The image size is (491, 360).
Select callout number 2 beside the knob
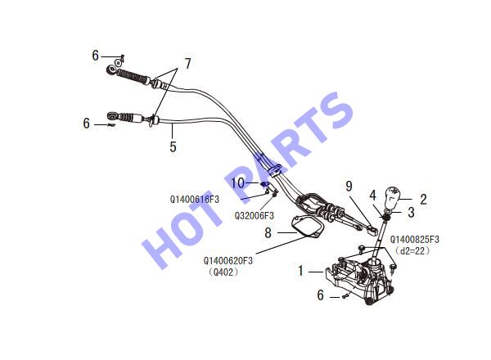pos(423,199)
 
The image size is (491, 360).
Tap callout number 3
pos(411,212)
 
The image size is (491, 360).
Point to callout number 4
pos(372,196)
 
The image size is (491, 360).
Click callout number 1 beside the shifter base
pos(300,271)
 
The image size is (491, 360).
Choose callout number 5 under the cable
pos(173,146)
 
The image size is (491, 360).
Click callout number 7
pos(187,64)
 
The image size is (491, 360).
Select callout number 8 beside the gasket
pos(268,233)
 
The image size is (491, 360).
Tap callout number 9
pos(349,187)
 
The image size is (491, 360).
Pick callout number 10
pos(237,182)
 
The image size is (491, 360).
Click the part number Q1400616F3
pos(195,200)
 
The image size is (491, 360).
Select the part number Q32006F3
pos(255,216)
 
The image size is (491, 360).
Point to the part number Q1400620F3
pos(228,260)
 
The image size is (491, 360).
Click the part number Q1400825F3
pos(415,240)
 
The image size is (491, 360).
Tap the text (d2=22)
pos(412,251)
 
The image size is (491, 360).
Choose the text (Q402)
pos(223,272)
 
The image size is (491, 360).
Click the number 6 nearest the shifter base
pos(320,295)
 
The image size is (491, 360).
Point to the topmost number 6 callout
pos(96,56)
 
